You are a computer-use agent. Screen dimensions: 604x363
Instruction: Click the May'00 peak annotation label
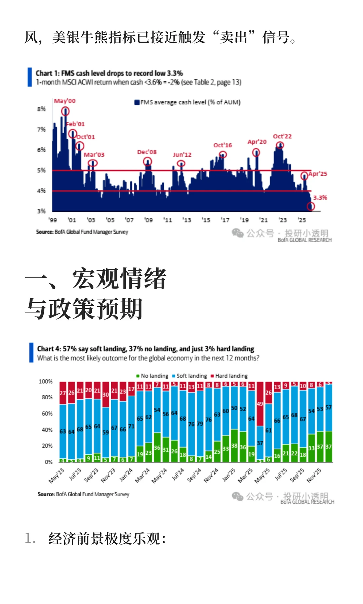click(x=65, y=101)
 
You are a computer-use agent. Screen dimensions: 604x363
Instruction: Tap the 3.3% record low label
click(x=320, y=198)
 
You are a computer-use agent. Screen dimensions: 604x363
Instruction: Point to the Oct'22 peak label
click(x=282, y=136)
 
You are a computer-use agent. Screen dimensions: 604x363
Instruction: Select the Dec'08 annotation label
click(x=147, y=152)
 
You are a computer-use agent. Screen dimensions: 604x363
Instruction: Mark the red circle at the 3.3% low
click(x=311, y=206)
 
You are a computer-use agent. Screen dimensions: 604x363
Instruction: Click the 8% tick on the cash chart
click(x=41, y=109)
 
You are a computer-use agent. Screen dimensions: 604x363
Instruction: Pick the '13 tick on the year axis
click(x=187, y=220)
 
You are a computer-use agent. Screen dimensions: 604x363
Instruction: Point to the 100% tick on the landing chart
click(x=46, y=382)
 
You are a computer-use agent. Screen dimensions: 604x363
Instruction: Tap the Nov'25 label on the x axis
click(x=314, y=475)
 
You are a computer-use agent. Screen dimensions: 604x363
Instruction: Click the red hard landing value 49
click(x=260, y=404)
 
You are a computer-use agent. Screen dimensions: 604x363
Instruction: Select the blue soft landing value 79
click(x=200, y=424)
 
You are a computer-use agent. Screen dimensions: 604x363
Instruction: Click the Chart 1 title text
click(x=109, y=73)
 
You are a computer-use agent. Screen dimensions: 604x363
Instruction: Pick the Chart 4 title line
click(x=146, y=349)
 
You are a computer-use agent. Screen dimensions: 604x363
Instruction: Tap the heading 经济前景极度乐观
click(x=107, y=539)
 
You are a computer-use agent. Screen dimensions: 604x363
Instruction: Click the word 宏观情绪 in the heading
click(x=119, y=279)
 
